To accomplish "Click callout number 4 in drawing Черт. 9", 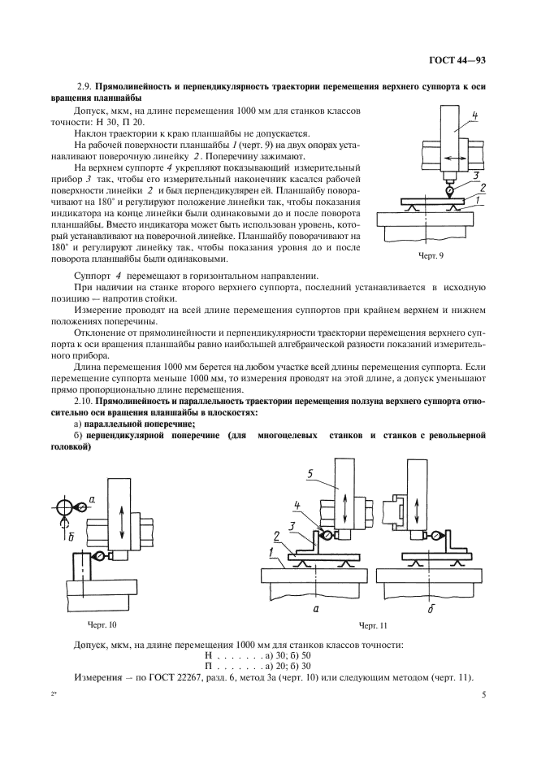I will click(x=474, y=115).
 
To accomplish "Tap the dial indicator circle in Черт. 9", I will click(x=448, y=189).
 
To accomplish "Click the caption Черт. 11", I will click(x=374, y=625).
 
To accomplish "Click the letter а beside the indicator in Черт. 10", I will click(x=92, y=498).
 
